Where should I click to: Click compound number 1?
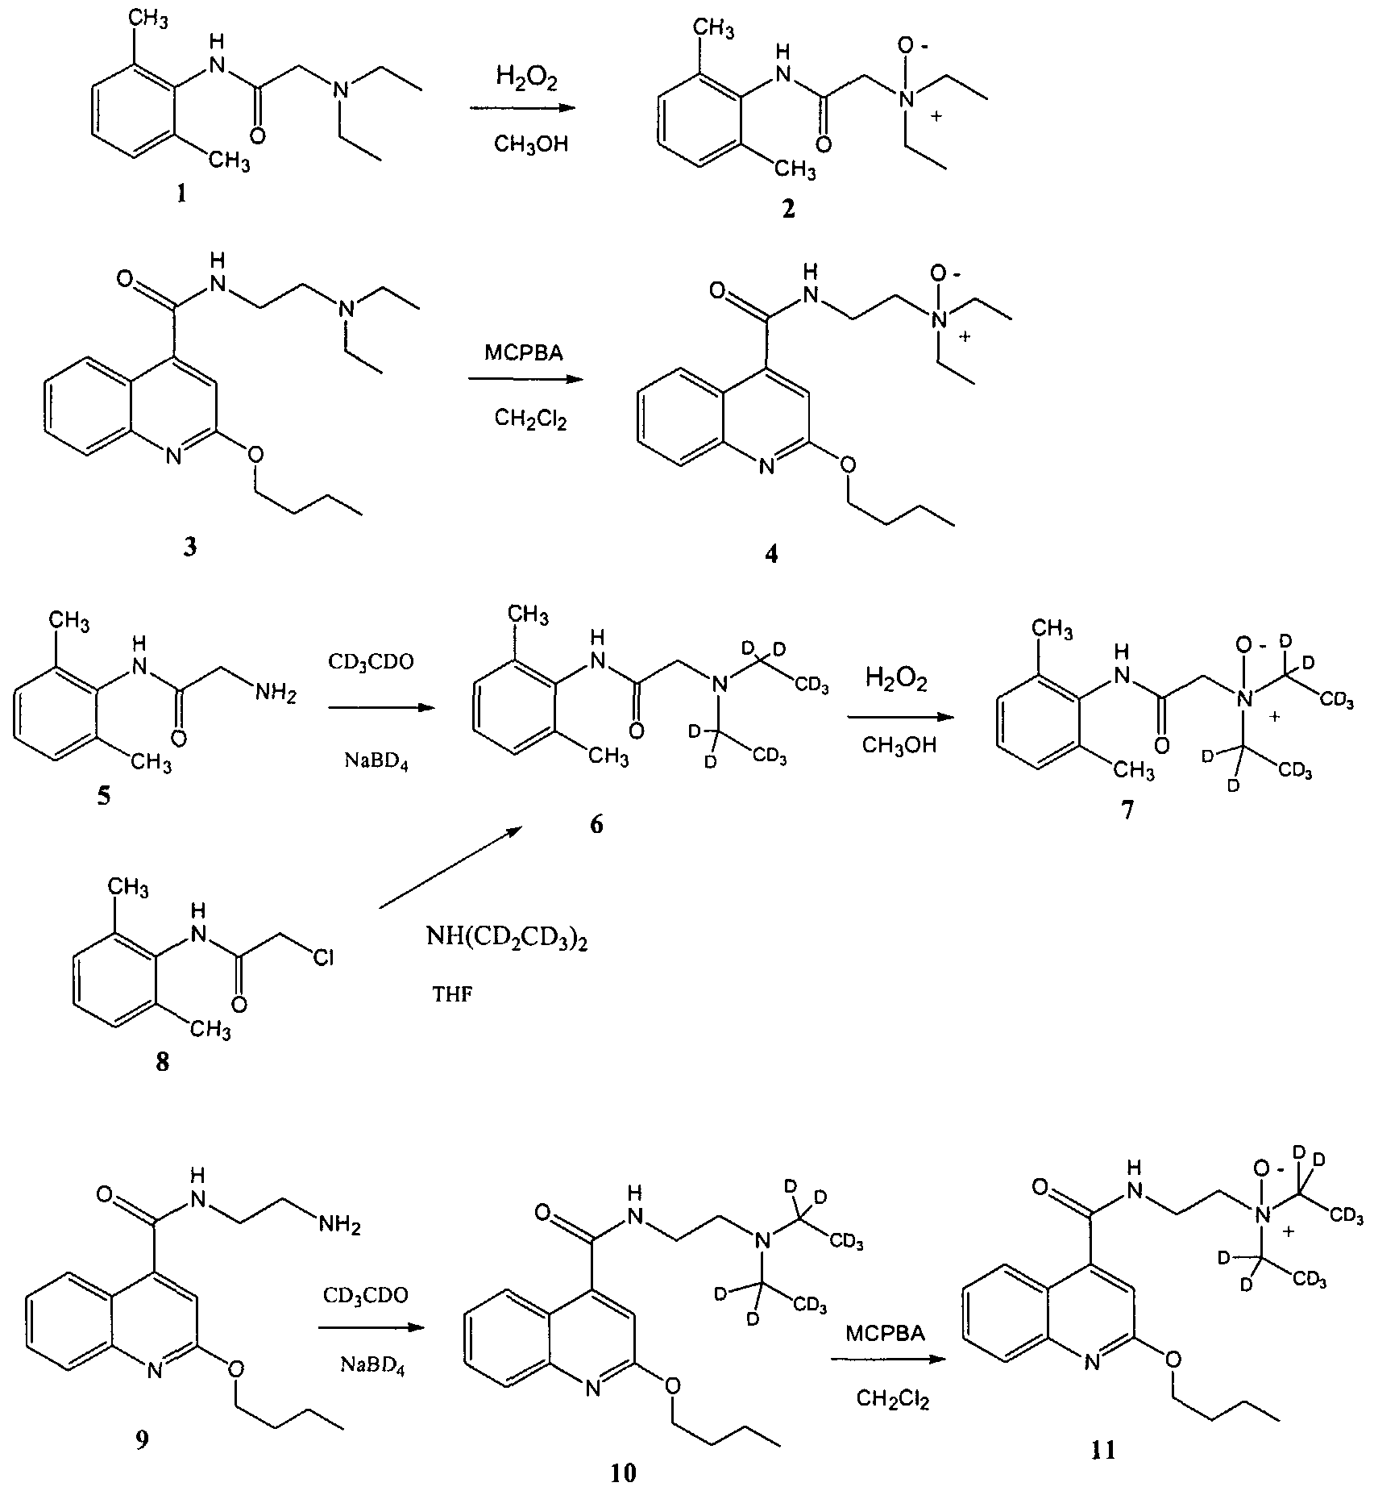181,194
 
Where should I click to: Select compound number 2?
787,209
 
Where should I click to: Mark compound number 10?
624,1473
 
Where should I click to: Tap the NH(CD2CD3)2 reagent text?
507,939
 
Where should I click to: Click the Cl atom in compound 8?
323,957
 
